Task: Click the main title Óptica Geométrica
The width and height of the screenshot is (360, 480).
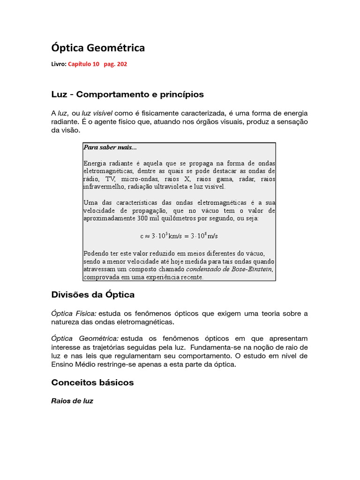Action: pyautogui.click(x=97, y=48)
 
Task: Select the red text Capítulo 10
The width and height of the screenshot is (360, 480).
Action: pyautogui.click(x=83, y=65)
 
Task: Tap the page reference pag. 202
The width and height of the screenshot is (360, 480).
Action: pyautogui.click(x=115, y=65)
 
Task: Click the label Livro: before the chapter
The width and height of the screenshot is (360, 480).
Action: pyautogui.click(x=59, y=65)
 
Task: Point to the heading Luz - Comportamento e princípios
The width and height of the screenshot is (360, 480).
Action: pyautogui.click(x=127, y=94)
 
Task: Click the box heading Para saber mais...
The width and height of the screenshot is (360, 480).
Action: pyautogui.click(x=110, y=147)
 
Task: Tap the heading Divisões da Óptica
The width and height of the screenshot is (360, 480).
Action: pyautogui.click(x=93, y=295)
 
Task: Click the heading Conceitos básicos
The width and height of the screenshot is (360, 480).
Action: pyautogui.click(x=92, y=382)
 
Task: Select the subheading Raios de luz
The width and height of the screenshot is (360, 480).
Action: pyautogui.click(x=72, y=401)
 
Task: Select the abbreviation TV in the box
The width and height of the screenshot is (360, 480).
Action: pyautogui.click(x=109, y=179)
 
